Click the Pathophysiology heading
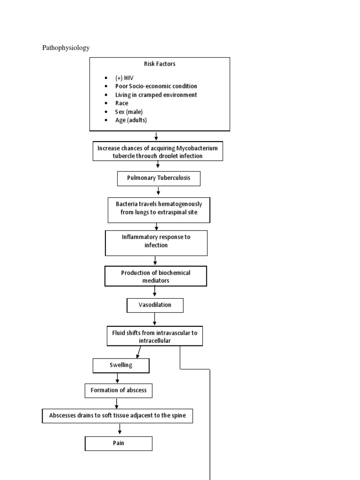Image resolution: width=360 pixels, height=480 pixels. [x=66, y=48]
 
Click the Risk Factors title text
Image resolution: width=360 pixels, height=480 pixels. [x=159, y=64]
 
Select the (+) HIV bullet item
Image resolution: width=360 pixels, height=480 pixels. [x=124, y=78]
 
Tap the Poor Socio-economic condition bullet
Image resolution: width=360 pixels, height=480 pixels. [x=156, y=86]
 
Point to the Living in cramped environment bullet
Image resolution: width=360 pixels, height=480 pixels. [x=156, y=95]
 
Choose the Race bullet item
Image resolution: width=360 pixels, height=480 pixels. [x=121, y=103]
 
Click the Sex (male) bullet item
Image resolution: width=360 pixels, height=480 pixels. [x=129, y=112]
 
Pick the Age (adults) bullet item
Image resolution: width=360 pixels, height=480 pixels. [x=131, y=120]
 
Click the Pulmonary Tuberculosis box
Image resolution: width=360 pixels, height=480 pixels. [x=159, y=179]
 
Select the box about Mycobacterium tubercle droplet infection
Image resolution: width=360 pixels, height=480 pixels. [x=157, y=151]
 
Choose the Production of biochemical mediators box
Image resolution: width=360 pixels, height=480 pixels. [x=156, y=276]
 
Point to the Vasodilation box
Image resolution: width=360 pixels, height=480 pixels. [x=155, y=305]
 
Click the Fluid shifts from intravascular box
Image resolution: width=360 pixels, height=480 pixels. [x=155, y=336]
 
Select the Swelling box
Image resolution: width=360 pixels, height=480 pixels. [x=121, y=366]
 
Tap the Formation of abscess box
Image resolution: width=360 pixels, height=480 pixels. [x=119, y=390]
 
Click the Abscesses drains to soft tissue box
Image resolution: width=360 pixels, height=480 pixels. [x=117, y=416]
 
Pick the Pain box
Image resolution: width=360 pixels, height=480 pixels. [x=119, y=443]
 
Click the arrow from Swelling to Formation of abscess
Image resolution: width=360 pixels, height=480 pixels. [x=117, y=378]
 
